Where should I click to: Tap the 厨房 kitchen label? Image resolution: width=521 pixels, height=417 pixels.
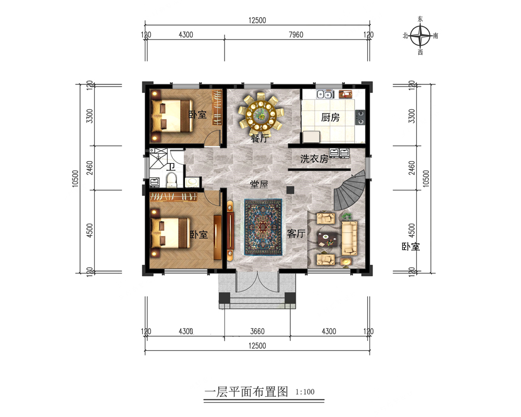click(330, 117)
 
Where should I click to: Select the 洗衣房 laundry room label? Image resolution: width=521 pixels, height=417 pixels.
click(314, 159)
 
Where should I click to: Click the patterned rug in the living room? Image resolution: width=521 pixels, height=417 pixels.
click(264, 227)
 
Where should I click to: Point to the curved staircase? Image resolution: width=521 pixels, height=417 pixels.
click(351, 191)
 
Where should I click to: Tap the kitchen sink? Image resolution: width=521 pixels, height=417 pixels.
click(325, 94)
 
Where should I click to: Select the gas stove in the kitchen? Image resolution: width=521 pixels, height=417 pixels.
click(360, 117)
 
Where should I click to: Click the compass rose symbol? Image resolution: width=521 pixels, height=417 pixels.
click(420, 35)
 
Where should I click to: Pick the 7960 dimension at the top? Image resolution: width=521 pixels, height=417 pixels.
click(296, 34)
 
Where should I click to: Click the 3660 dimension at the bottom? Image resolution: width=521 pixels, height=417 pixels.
click(257, 331)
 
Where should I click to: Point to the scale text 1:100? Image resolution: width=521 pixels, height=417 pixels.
click(305, 392)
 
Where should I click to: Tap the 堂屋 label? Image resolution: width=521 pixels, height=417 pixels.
click(259, 184)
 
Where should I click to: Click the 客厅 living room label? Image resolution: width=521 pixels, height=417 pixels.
click(296, 234)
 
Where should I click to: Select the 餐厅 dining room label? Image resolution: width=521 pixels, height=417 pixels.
click(259, 138)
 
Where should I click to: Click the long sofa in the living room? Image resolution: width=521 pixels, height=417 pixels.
click(350, 238)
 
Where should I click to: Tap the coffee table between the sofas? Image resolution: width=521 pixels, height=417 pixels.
click(326, 239)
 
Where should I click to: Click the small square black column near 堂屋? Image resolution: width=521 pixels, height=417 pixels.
click(290, 190)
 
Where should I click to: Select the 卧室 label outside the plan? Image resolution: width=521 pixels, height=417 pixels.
click(411, 247)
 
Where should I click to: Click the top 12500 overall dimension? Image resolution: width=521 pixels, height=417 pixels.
click(257, 20)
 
